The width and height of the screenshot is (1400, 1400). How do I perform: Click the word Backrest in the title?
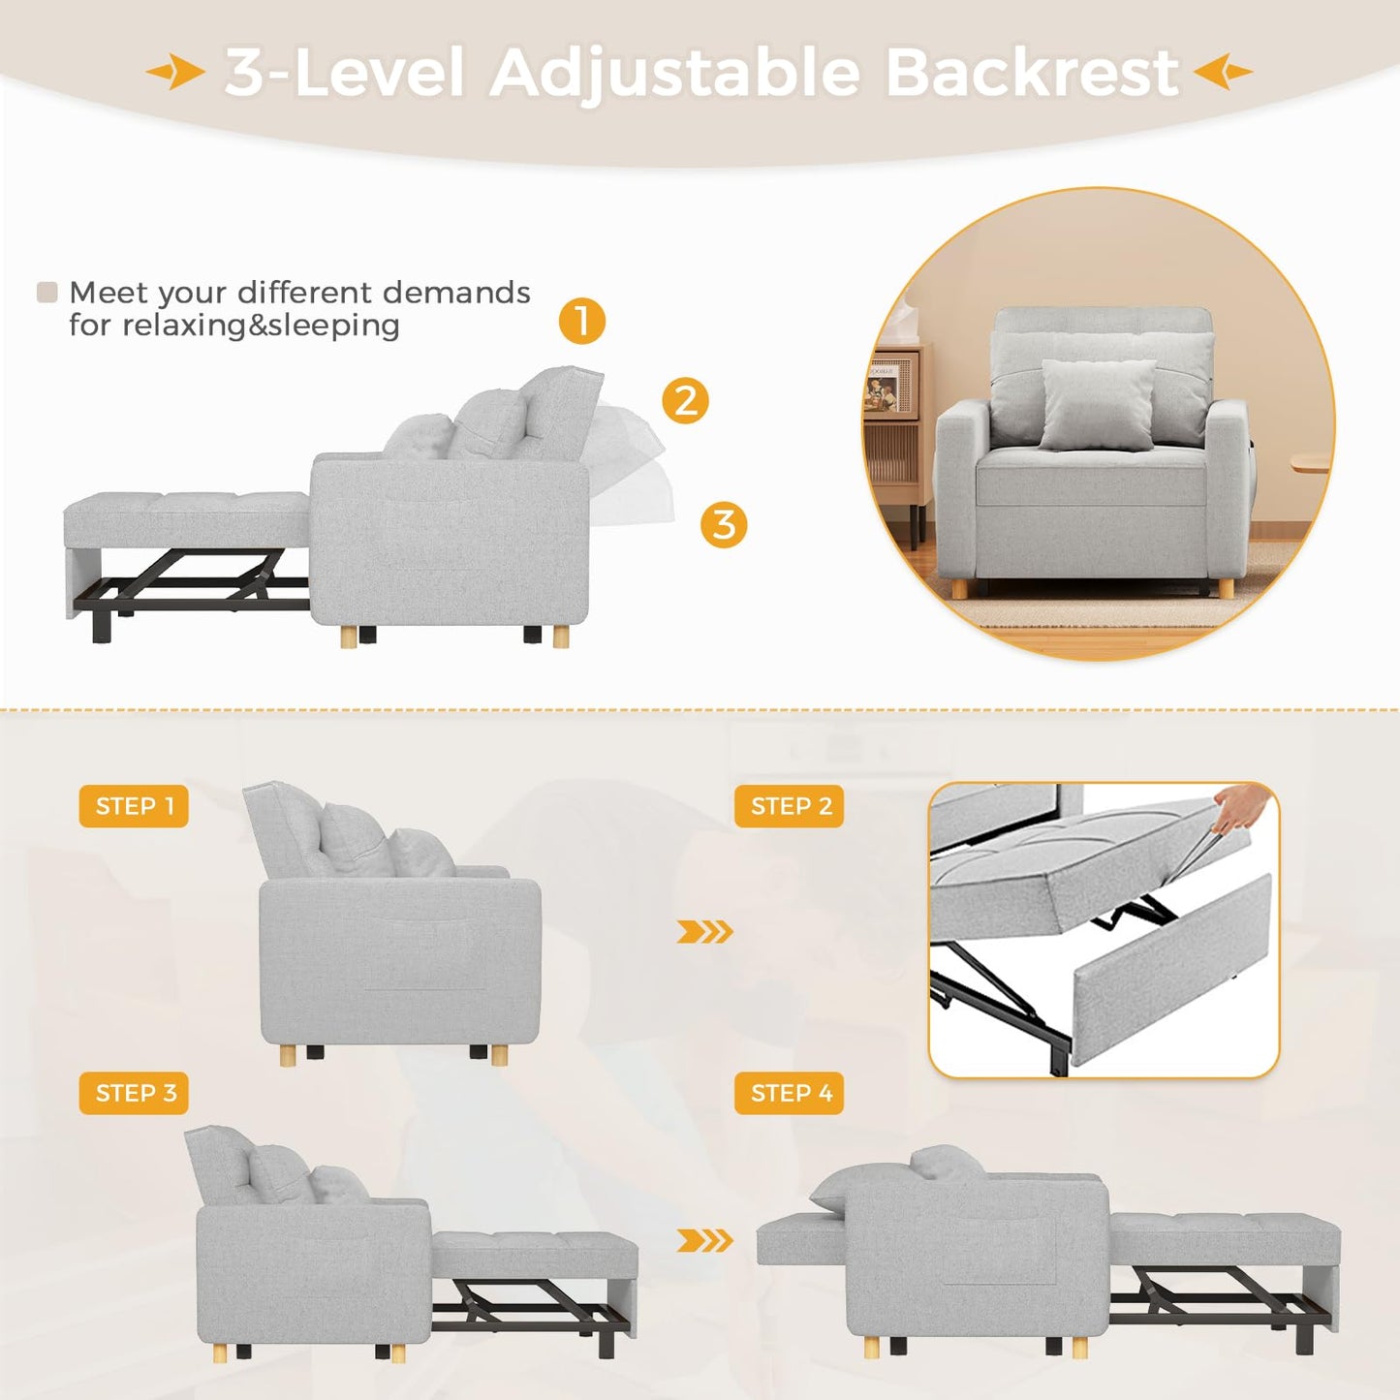(1032, 73)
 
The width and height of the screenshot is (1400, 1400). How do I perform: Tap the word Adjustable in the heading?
(674, 75)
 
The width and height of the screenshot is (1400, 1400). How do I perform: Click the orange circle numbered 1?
(582, 321)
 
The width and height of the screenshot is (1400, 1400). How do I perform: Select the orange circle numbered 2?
(686, 400)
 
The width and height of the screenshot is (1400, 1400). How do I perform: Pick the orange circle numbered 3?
(724, 525)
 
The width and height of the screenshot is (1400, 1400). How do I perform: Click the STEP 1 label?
(134, 806)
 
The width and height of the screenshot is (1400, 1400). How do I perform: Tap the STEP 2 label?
(790, 806)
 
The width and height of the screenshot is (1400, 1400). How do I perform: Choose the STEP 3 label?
(135, 1093)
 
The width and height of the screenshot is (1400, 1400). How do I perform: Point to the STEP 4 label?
(790, 1093)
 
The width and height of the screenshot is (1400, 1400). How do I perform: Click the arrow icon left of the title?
(175, 72)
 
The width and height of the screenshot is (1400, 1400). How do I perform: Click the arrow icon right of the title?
(1223, 72)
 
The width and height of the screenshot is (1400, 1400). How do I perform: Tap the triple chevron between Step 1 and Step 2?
(704, 932)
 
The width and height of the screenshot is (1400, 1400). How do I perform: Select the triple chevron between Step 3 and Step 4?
(704, 1240)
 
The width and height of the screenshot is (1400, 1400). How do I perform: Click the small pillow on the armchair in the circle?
(1098, 404)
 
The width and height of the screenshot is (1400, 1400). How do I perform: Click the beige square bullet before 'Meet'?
(47, 293)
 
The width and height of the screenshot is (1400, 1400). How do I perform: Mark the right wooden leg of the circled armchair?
(1225, 588)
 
